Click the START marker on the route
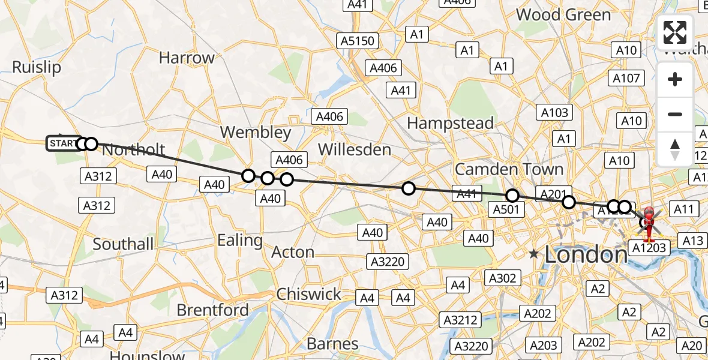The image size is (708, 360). click(62, 143)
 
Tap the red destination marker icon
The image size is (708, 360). click(649, 221)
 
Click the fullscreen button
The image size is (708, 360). click(675, 32)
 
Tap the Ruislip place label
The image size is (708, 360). click(37, 67)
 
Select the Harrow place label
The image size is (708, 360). click(187, 58)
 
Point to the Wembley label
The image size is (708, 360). click(256, 132)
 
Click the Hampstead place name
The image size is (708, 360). click(451, 124)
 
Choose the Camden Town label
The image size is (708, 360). click(509, 169)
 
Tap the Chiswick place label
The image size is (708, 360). click(308, 295)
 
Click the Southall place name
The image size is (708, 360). click(123, 244)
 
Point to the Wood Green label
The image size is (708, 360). click(563, 14)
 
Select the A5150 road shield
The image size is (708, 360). click(358, 41)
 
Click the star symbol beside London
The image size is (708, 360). click(533, 254)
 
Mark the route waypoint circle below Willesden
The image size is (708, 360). click(408, 188)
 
